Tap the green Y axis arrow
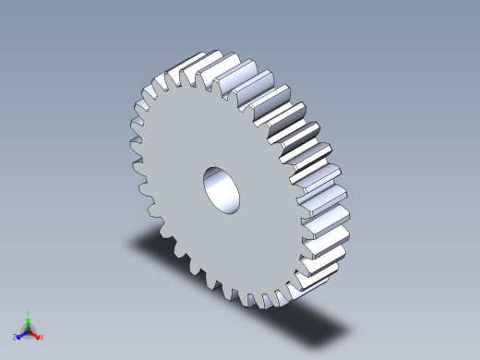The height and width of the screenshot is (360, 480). point(29,320)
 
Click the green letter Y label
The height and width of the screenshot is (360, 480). point(29,313)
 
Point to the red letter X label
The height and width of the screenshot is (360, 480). point(42,338)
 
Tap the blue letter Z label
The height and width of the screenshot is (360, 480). point(17,338)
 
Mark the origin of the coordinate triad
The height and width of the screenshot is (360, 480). point(29,330)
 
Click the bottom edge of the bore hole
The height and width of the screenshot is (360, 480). point(227,210)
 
